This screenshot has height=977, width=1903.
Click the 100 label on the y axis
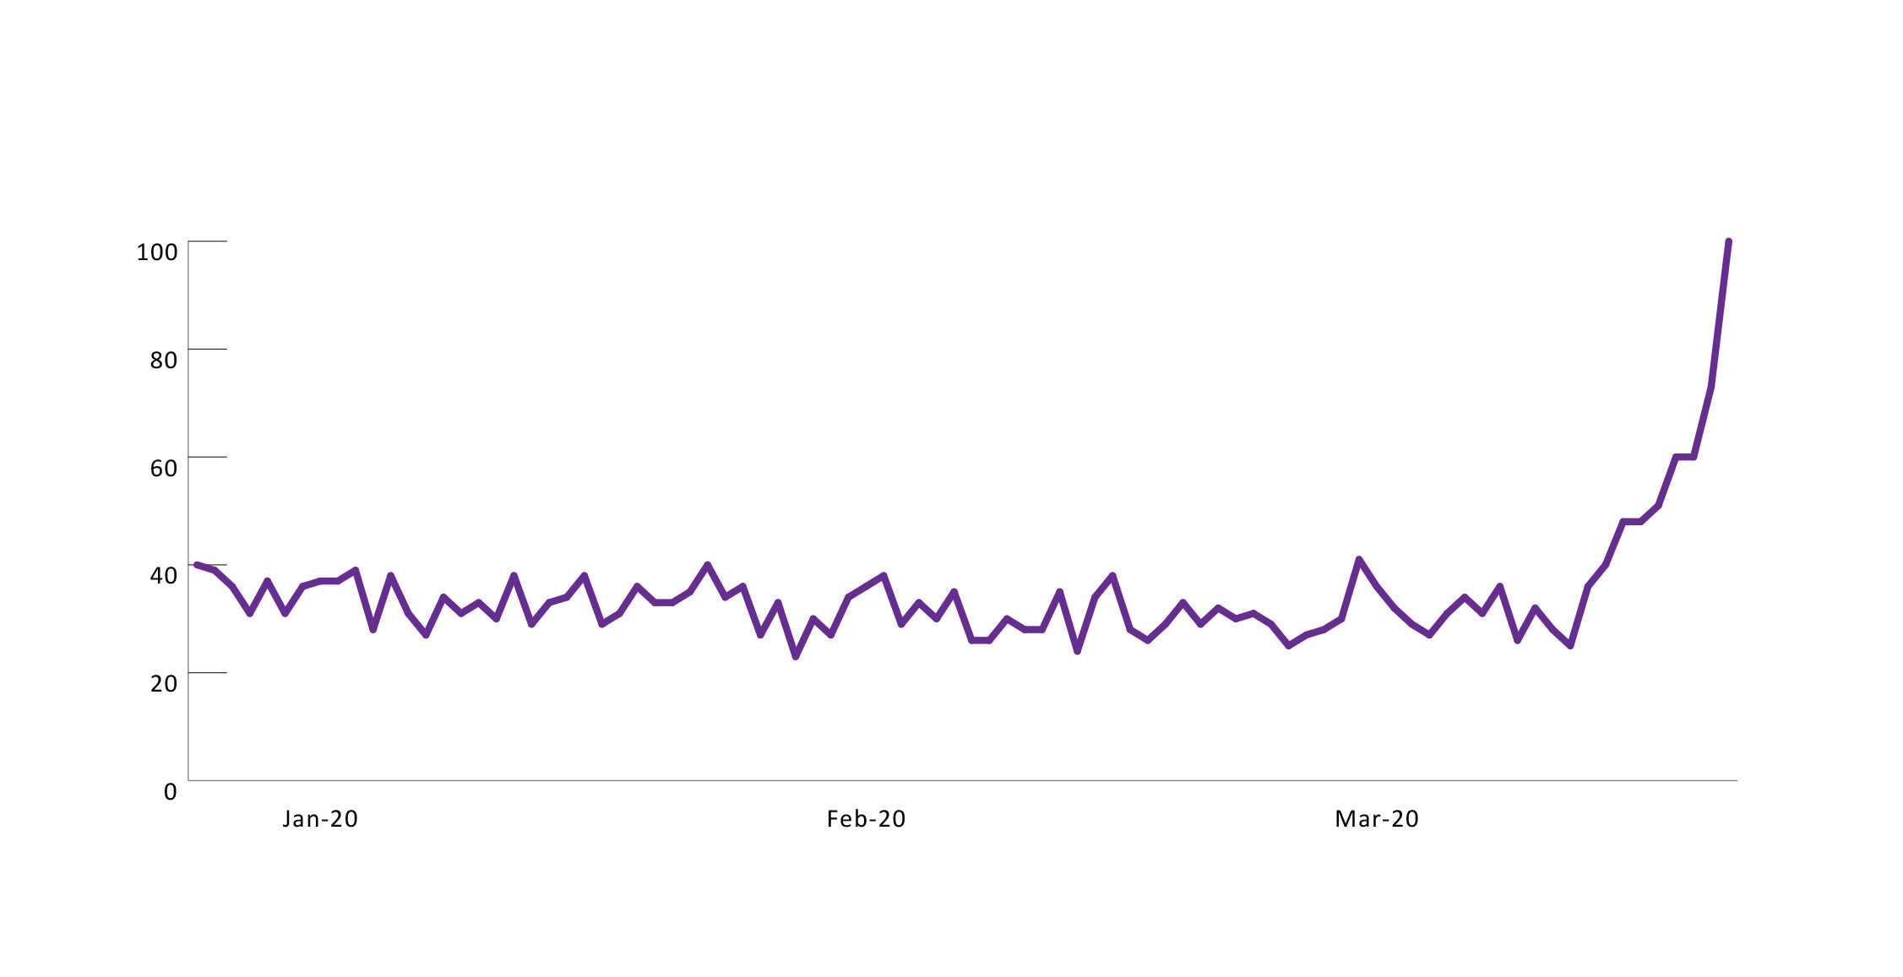157,252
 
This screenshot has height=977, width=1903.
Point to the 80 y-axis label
164,360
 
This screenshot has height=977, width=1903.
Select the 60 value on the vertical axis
164,468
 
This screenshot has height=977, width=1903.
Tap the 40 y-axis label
164,575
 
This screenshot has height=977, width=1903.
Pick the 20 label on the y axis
164,683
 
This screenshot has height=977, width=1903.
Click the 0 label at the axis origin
171,792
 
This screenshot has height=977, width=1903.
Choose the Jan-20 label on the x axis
320,819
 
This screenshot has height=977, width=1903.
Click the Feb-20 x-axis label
866,819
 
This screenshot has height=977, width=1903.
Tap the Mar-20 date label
1377,819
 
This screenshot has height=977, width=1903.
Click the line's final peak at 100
1728,242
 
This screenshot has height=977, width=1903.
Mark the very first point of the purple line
197,564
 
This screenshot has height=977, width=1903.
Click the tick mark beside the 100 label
208,242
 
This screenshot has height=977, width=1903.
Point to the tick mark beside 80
208,349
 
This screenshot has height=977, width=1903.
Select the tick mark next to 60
208,457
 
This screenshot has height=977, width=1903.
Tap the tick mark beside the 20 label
208,673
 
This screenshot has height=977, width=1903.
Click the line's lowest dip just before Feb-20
796,656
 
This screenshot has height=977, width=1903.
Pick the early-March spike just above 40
1359,559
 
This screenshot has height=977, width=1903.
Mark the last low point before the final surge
1570,646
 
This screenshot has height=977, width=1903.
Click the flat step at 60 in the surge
1685,457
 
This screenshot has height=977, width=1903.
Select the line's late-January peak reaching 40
708,564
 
